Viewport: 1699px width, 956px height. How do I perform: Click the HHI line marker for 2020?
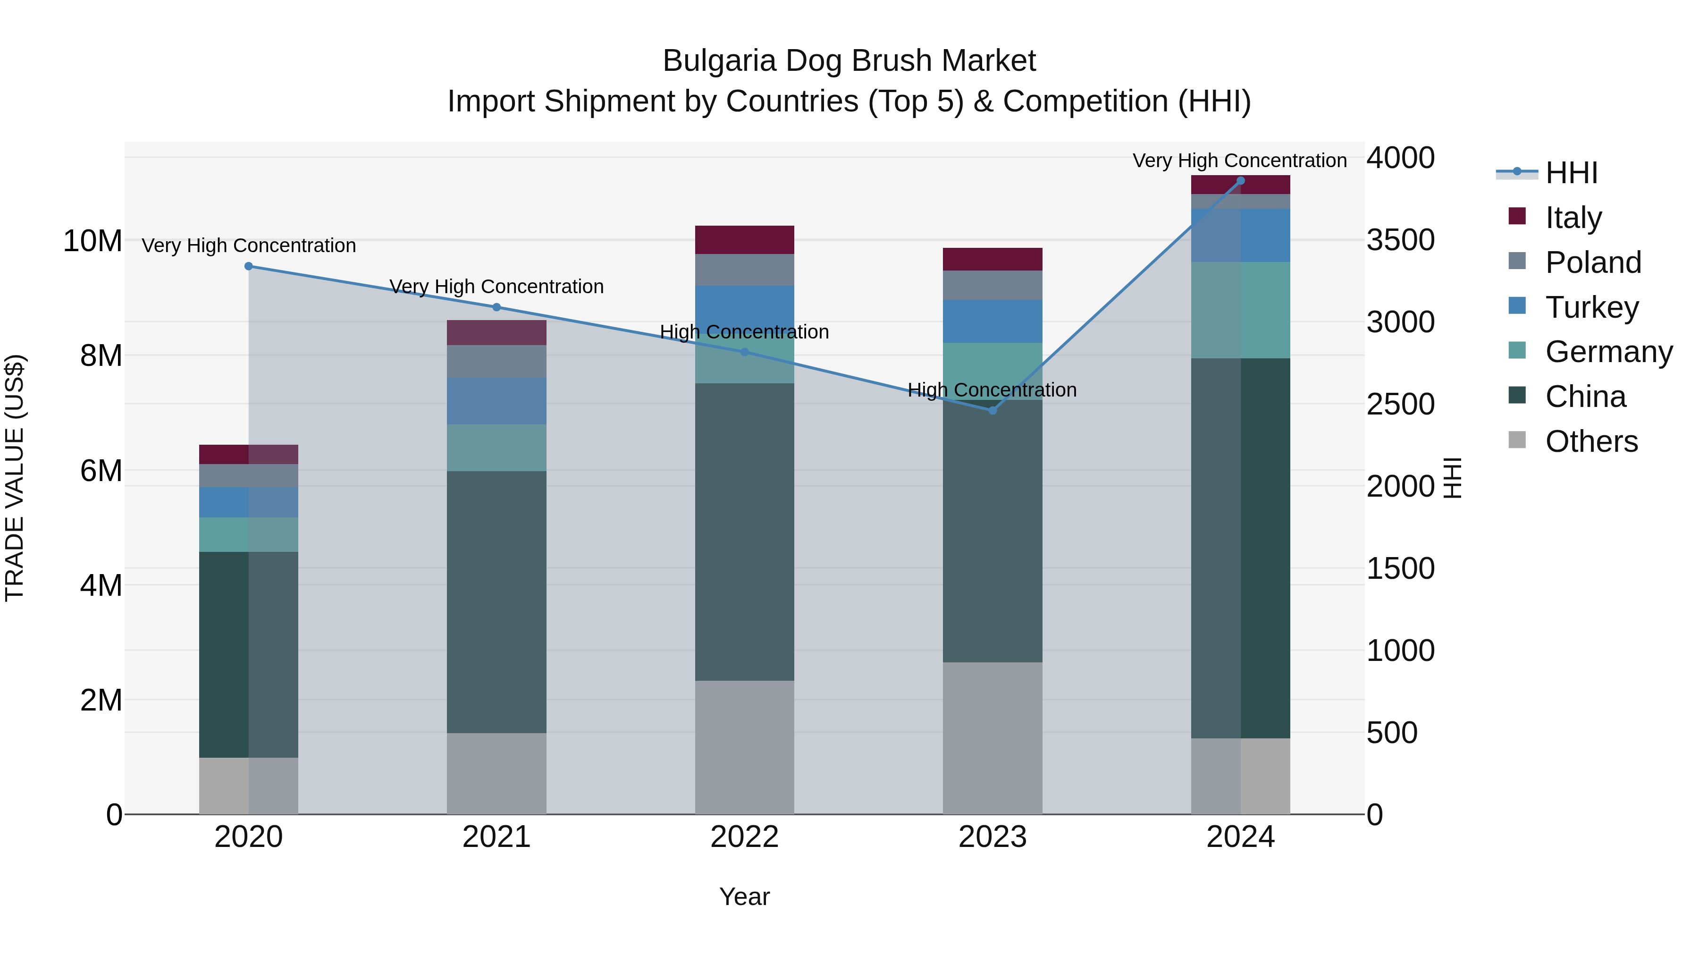(249, 267)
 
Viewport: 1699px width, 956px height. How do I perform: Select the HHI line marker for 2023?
(992, 410)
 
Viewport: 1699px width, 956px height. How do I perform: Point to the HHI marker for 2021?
(496, 307)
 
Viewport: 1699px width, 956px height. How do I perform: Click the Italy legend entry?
(1573, 218)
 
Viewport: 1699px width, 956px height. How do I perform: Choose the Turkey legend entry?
(1591, 307)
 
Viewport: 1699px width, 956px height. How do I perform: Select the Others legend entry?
(1591, 441)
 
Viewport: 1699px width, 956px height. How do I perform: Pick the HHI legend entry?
(1571, 173)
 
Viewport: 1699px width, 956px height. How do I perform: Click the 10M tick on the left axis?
(93, 241)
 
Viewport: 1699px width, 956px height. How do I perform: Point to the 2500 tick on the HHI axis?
(1400, 405)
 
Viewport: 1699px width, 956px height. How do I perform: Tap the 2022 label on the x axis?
(745, 837)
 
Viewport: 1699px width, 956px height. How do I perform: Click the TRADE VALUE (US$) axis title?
(15, 478)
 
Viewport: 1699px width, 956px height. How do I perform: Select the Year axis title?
(745, 897)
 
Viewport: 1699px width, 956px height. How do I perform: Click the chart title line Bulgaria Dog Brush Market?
(849, 61)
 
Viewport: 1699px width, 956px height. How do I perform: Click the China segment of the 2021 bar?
(496, 602)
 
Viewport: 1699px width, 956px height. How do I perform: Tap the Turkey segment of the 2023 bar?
(992, 321)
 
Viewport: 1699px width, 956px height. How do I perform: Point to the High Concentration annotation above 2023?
(992, 390)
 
